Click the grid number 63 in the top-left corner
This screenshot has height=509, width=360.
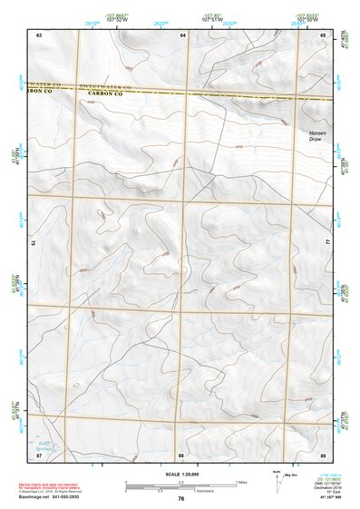[x=39, y=34]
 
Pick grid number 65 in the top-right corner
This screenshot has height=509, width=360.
[x=324, y=34]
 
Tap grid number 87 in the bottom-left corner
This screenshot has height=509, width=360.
[x=39, y=455]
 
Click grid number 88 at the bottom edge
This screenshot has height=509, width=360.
[x=181, y=455]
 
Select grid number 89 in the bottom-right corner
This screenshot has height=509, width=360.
[x=324, y=455]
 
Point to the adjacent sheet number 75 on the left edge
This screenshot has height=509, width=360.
[x=34, y=243]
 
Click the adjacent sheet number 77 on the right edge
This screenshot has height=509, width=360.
[x=328, y=243]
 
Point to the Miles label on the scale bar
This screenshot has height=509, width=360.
[x=240, y=482]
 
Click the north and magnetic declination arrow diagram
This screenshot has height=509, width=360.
[x=281, y=482]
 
